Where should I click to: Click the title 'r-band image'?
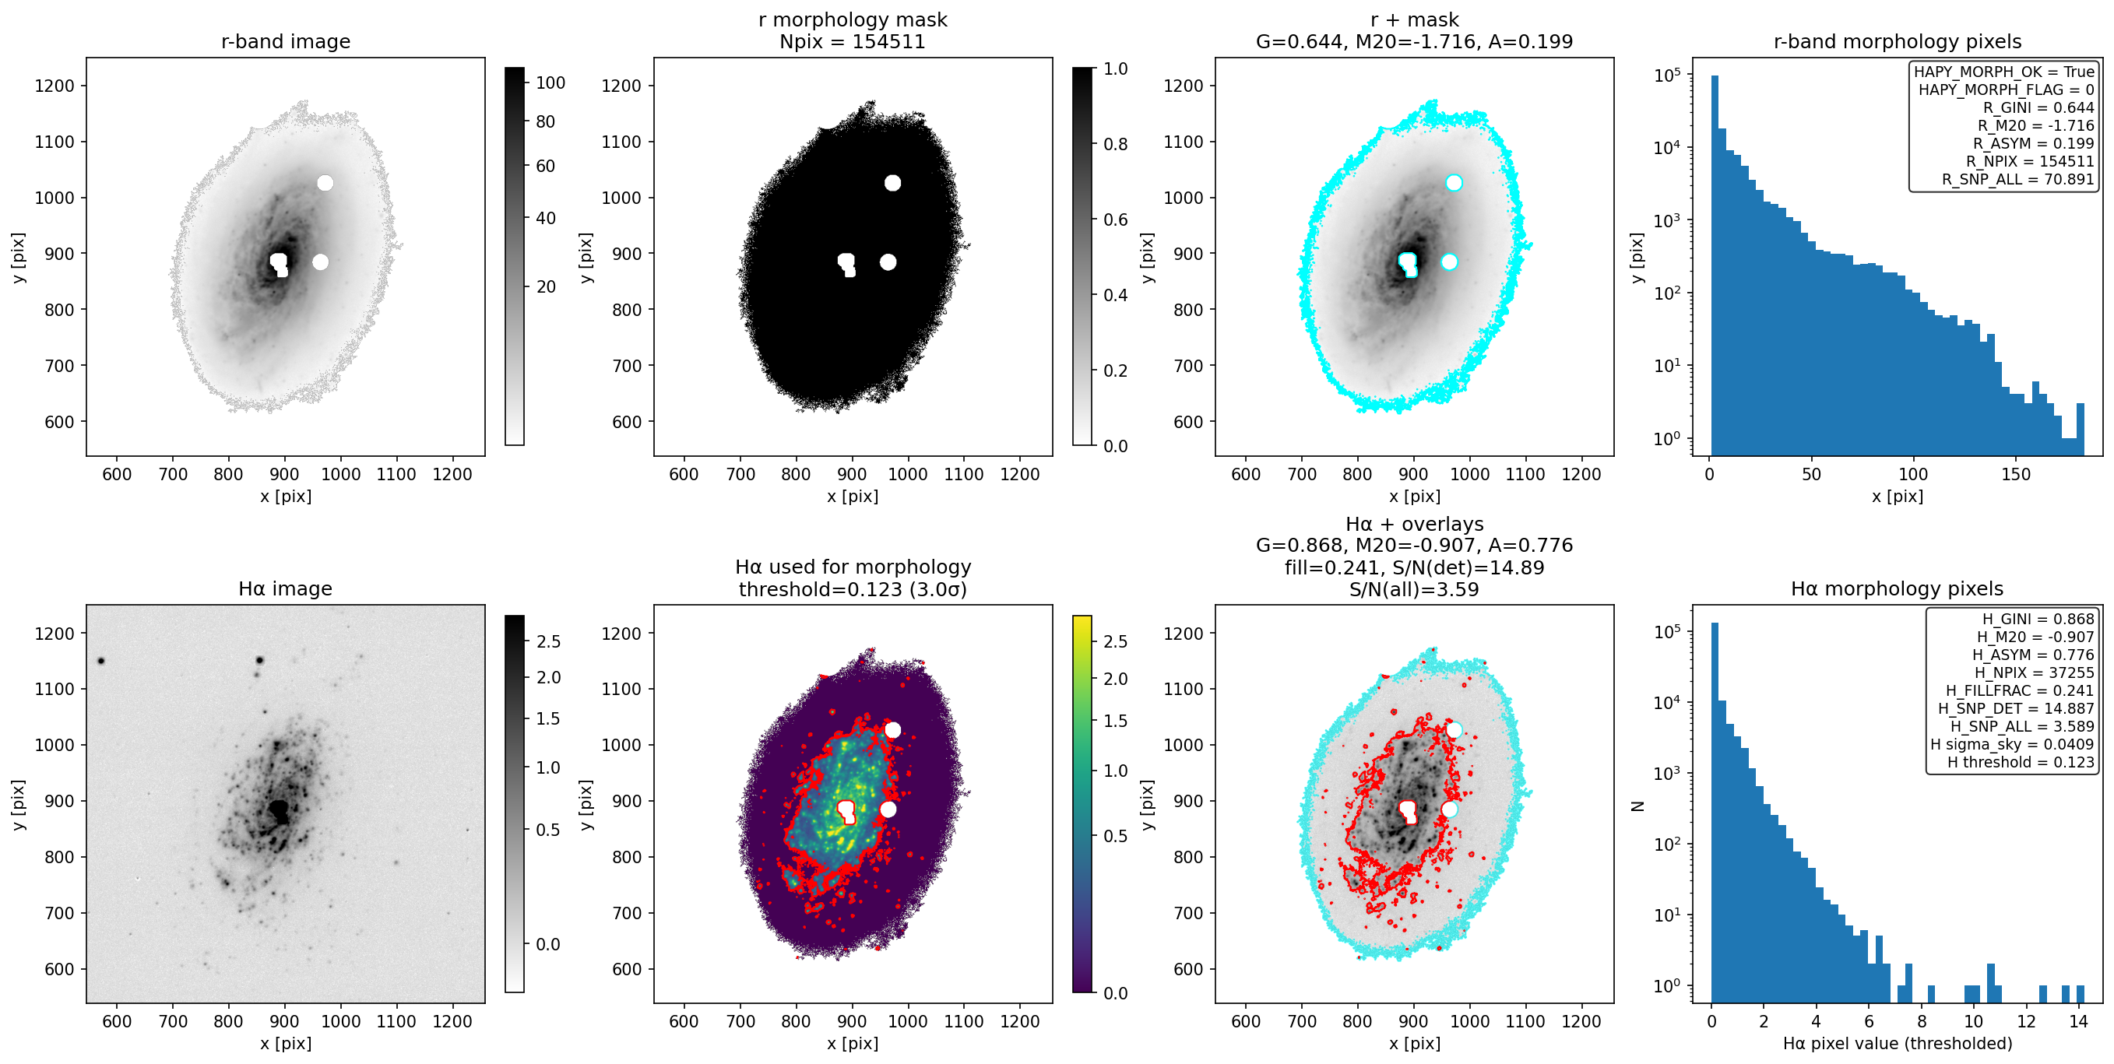[x=286, y=41]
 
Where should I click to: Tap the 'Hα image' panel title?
[x=286, y=588]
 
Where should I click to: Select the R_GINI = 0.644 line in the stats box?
[x=2038, y=107]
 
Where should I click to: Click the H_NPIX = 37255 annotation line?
[x=2035, y=672]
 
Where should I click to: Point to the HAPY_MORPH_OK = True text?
[x=2004, y=72]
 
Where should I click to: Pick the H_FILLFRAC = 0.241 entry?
[x=2020, y=690]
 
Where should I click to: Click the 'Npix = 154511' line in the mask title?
[x=853, y=41]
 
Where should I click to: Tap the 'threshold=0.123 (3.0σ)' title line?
[x=853, y=589]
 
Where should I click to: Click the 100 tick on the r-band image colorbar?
[x=550, y=83]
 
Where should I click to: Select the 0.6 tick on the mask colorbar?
[x=1115, y=219]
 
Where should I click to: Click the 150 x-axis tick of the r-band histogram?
[x=2016, y=474]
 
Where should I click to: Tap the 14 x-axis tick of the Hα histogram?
[x=2078, y=1021]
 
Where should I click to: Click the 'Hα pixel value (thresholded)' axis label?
[x=1898, y=1044]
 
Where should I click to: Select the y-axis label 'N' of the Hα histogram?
[x=1637, y=806]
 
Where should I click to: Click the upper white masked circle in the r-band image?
[x=325, y=183]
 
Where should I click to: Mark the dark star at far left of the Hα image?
[x=101, y=660]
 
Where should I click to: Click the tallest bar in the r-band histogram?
[x=1715, y=265]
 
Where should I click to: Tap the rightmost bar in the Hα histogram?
[x=2081, y=994]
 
